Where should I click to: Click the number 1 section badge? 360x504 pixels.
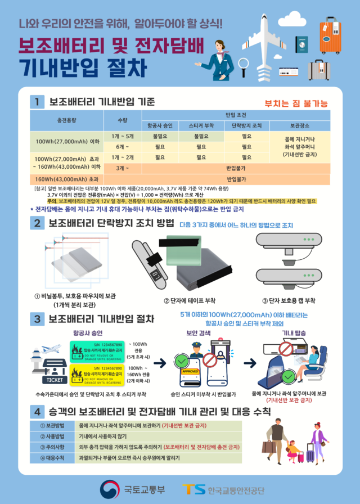37,102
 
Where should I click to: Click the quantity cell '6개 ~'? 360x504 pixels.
123,146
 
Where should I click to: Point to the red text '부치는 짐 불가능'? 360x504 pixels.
296,103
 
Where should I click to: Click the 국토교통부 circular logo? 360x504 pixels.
110,488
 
